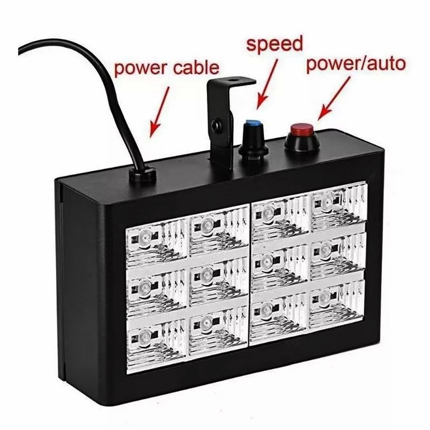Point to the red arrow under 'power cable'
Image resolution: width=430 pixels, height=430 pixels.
click(x=159, y=112)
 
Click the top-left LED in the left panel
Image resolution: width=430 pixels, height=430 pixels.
click(x=145, y=236)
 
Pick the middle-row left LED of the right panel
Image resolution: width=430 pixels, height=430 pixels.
click(x=265, y=262)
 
